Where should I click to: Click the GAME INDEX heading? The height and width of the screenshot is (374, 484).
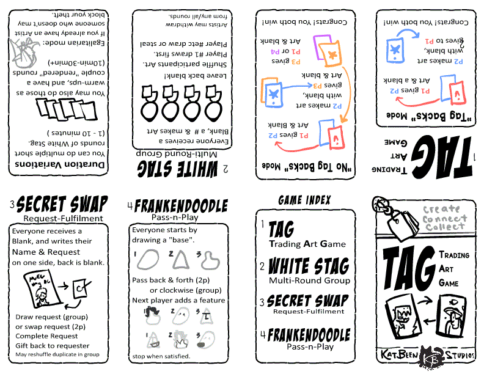[304, 200]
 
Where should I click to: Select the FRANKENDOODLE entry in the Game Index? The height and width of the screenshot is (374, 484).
[308, 334]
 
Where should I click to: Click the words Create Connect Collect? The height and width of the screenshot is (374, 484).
[444, 218]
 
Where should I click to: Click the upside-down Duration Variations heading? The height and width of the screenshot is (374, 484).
[57, 165]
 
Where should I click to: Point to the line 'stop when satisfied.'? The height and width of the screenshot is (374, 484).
[161, 356]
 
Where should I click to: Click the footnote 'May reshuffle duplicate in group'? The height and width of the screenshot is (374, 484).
[57, 354]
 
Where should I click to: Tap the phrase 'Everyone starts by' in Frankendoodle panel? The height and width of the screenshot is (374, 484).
[164, 230]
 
